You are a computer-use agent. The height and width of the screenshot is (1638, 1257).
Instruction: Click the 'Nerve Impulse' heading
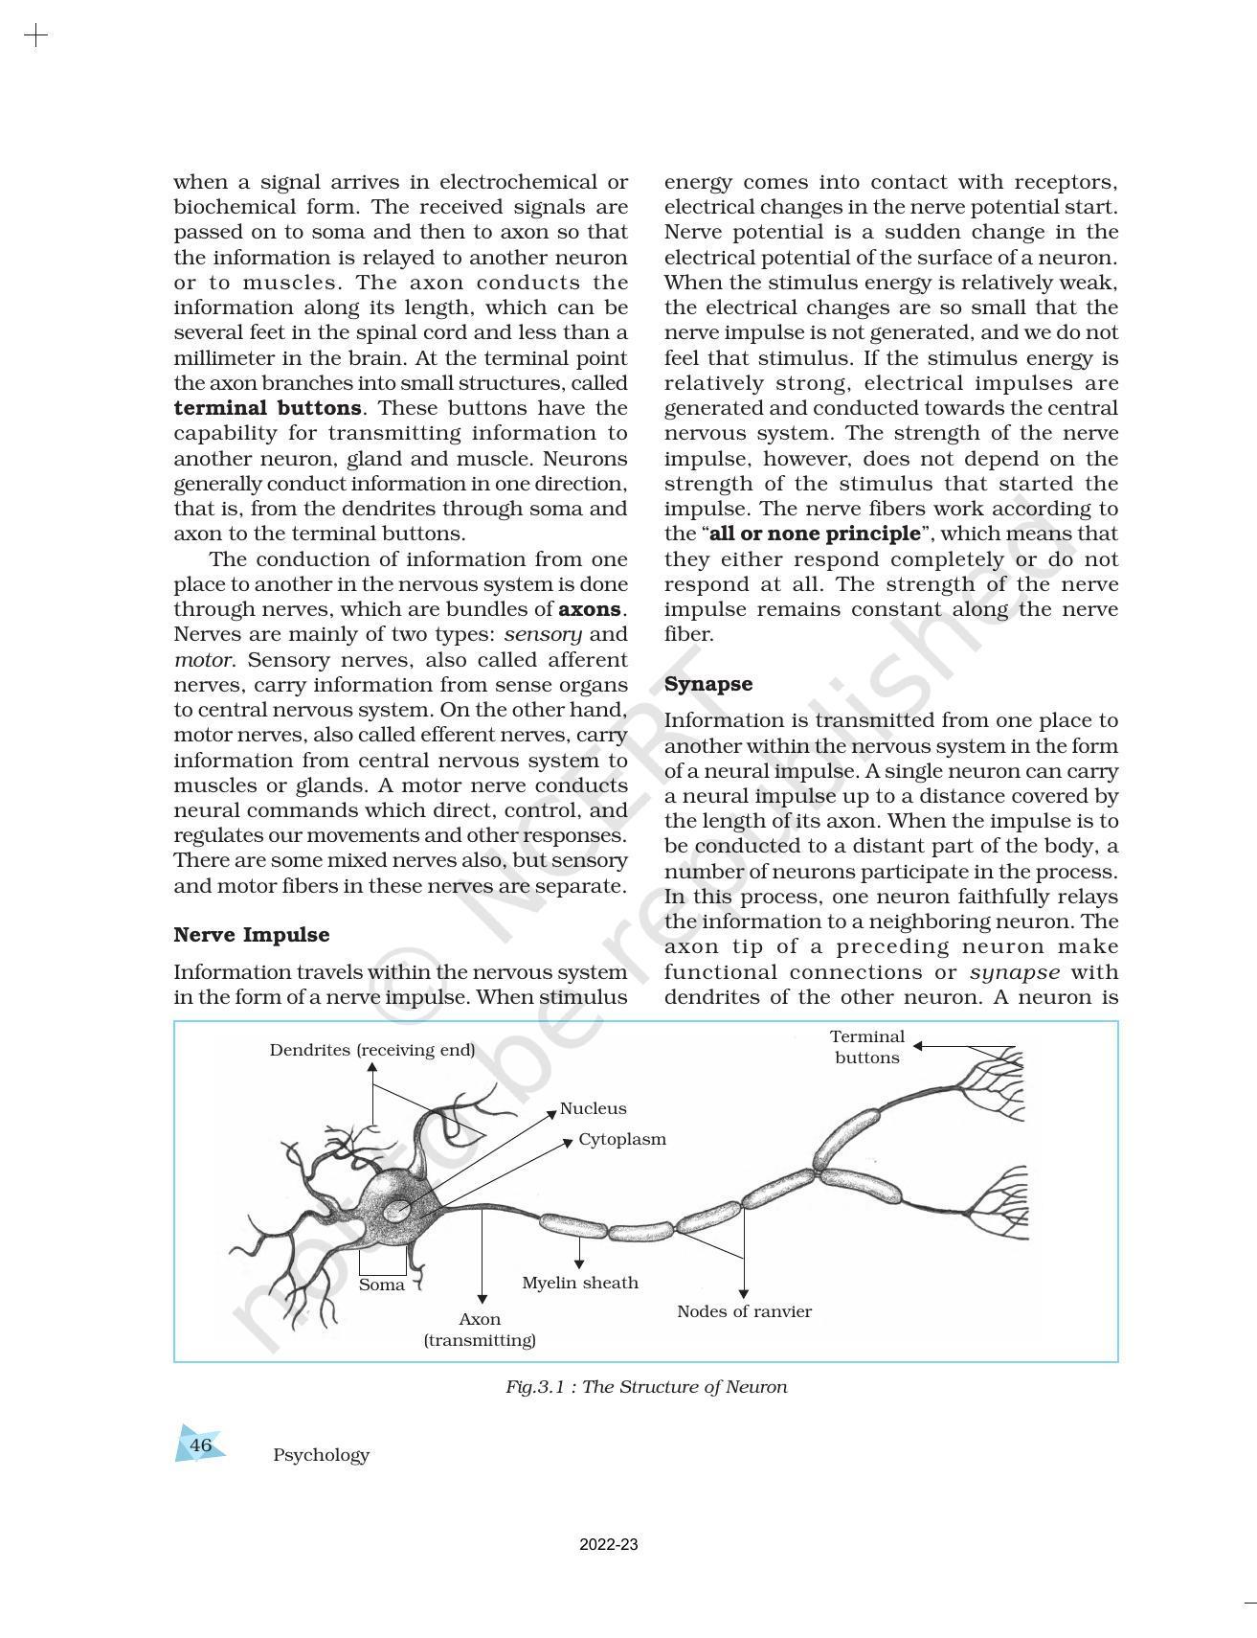click(x=251, y=935)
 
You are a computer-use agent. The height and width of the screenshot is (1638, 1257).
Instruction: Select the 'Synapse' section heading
click(x=707, y=684)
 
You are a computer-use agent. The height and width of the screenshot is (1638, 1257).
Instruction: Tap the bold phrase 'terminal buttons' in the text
click(x=267, y=408)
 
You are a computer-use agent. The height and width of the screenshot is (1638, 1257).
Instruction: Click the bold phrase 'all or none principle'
click(x=815, y=534)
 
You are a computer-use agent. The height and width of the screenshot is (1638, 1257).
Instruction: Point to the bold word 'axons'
click(x=590, y=609)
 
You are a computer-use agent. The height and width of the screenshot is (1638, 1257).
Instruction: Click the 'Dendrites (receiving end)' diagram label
click(x=371, y=1050)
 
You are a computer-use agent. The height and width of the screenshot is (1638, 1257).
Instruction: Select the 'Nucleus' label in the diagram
click(x=593, y=1108)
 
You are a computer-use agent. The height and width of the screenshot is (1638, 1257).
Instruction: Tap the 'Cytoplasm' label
click(x=621, y=1140)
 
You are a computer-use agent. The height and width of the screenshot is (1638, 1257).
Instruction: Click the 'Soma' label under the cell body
click(x=381, y=1285)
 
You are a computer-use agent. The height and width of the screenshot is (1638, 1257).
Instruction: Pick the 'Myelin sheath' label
click(x=579, y=1283)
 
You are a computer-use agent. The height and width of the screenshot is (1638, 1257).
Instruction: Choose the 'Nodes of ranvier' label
click(x=744, y=1311)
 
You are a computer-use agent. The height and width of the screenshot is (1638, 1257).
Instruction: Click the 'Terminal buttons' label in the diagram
click(x=866, y=1047)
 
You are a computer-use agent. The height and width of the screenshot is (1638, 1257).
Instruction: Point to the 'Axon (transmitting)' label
click(x=480, y=1330)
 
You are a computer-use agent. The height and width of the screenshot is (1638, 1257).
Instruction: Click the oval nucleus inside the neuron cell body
click(x=396, y=1212)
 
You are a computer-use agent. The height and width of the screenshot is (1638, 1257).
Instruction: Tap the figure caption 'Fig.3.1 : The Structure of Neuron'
click(x=646, y=1387)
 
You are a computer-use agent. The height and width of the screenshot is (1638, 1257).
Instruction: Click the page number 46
click(x=200, y=1445)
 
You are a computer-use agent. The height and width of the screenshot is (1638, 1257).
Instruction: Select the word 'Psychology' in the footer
click(x=321, y=1455)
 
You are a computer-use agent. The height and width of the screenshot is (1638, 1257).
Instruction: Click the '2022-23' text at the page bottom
click(x=608, y=1545)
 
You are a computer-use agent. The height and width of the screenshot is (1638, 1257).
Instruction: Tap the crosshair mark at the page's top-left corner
click(x=35, y=36)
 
